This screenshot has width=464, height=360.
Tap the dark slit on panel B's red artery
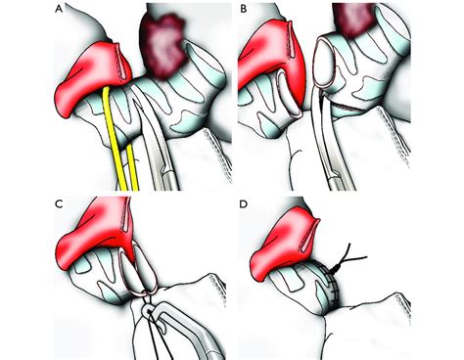coord(293,44)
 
